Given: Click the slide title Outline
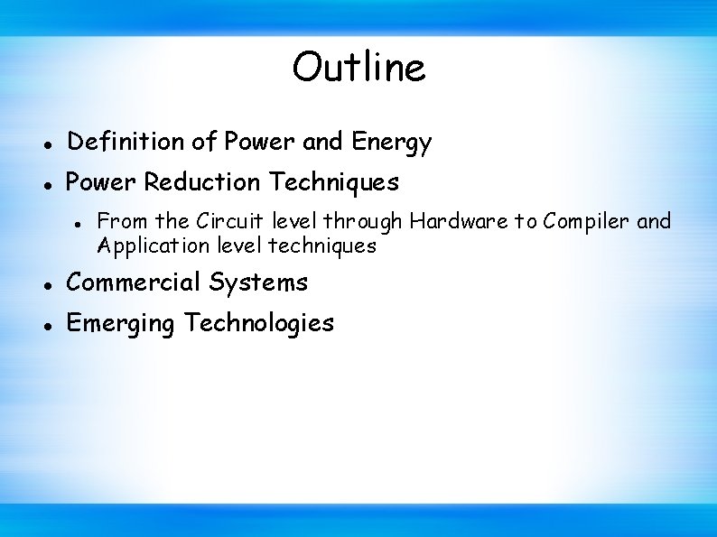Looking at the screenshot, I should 358,68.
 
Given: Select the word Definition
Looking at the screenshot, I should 126,142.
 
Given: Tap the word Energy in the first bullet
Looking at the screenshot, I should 391,142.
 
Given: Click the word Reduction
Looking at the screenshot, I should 201,182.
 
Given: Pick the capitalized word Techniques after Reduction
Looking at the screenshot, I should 332,182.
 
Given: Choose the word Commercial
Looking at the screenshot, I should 135,282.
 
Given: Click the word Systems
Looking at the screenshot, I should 258,282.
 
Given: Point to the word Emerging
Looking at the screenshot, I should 122,323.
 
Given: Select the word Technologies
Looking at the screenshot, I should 259,323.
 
